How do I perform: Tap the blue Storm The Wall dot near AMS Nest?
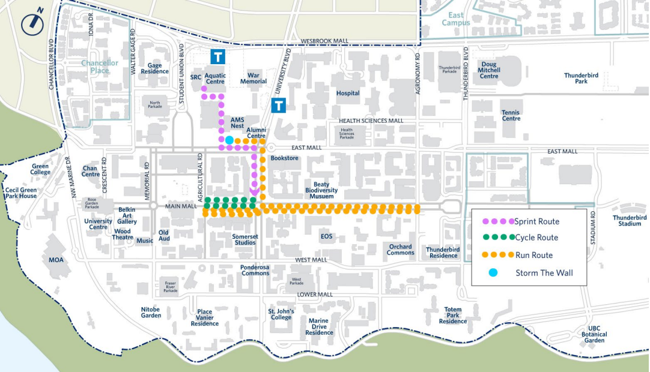(x=229, y=140)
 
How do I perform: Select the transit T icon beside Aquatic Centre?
(x=217, y=56)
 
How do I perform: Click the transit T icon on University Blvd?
(x=278, y=106)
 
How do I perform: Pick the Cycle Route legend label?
(x=536, y=238)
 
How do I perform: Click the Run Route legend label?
(x=534, y=255)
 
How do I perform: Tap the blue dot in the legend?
(x=493, y=273)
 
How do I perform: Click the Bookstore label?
(x=284, y=158)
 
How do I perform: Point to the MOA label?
(x=55, y=260)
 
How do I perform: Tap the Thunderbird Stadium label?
(x=630, y=220)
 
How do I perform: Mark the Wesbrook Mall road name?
(x=324, y=41)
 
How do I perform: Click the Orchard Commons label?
(x=400, y=250)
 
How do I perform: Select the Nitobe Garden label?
(x=151, y=312)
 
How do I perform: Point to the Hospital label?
(x=348, y=93)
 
